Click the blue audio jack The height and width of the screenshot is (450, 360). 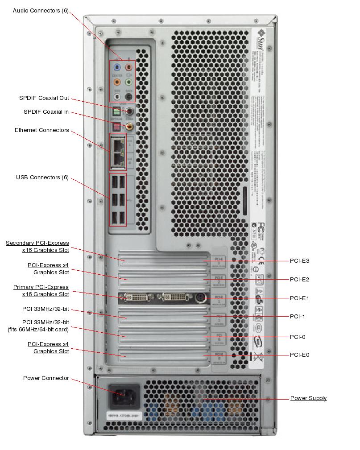pos(117,67)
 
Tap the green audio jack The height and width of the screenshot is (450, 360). pos(129,82)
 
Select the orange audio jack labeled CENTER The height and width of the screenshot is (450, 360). pos(117,82)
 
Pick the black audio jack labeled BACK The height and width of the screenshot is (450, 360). pos(129,96)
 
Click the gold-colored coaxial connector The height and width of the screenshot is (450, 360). pos(129,127)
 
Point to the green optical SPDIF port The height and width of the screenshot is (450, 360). pos(117,111)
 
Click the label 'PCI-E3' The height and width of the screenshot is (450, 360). pos(299,261)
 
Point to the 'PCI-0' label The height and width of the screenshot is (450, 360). pos(298,337)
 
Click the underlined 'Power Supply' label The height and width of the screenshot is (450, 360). pos(308,398)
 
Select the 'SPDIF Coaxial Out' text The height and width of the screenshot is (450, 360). pos(44,99)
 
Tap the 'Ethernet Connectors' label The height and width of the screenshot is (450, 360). pos(42,130)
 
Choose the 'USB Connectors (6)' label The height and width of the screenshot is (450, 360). pos(42,178)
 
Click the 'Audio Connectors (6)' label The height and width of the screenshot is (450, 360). pos(41,10)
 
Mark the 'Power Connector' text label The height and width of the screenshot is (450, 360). pos(46,378)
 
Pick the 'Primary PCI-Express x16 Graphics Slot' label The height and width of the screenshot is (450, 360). pos(41,291)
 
